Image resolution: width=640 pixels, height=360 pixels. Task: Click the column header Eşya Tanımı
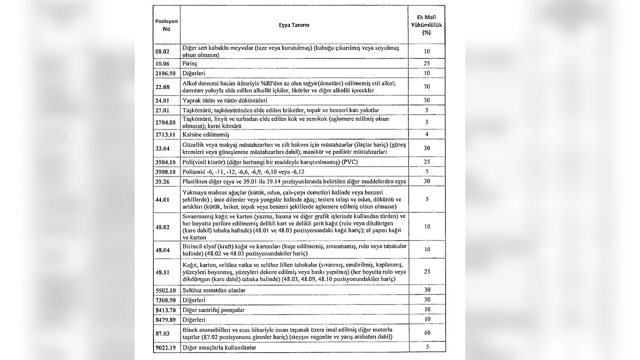pyautogui.click(x=294, y=25)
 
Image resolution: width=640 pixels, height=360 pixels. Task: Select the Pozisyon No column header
pyautogui.click(x=166, y=25)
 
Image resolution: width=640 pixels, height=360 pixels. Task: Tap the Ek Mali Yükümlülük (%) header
pyautogui.click(x=426, y=25)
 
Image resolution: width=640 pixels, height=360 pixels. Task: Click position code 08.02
pyautogui.click(x=162, y=51)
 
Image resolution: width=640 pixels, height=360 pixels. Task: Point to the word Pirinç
pyautogui.click(x=191, y=64)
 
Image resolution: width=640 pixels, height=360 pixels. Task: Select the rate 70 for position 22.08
pyautogui.click(x=426, y=86)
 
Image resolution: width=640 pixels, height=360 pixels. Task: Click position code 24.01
pyautogui.click(x=162, y=100)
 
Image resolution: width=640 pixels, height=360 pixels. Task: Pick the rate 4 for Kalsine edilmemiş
pyautogui.click(x=426, y=134)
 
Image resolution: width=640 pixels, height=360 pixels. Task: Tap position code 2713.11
pyautogui.click(x=165, y=134)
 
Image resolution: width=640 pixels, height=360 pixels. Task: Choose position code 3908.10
pyautogui.click(x=165, y=171)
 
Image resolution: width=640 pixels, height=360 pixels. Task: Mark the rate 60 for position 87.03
pyautogui.click(x=426, y=333)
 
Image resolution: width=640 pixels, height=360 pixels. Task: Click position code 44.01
pyautogui.click(x=162, y=199)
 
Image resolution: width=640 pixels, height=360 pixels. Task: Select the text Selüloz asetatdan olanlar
pyautogui.click(x=214, y=290)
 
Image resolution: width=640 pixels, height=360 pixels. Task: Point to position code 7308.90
pyautogui.click(x=165, y=300)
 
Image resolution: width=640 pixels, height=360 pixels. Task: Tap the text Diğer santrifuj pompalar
pyautogui.click(x=213, y=310)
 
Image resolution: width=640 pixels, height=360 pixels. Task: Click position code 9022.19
pyautogui.click(x=165, y=347)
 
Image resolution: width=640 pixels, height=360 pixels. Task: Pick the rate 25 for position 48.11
pyautogui.click(x=426, y=271)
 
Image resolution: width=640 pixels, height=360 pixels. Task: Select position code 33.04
pyautogui.click(x=162, y=148)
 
